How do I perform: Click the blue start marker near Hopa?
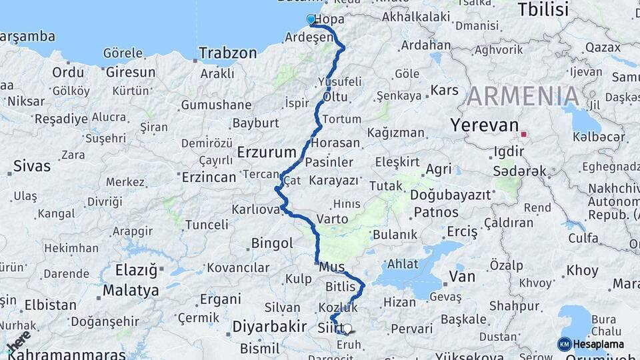tap(311, 19)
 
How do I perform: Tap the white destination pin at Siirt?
tap(347, 328)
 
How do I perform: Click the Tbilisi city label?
tap(543, 9)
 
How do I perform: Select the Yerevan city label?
tap(484, 125)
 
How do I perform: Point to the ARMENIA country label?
tap(523, 97)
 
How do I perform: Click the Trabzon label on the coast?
tap(227, 53)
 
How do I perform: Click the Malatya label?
tap(131, 291)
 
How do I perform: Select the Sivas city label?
tap(31, 165)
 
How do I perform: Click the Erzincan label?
tap(209, 177)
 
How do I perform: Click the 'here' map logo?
tap(19, 341)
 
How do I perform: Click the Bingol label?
tap(271, 243)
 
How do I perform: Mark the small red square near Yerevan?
tap(524, 134)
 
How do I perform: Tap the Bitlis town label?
tap(341, 287)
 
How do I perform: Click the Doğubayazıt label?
tap(451, 195)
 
